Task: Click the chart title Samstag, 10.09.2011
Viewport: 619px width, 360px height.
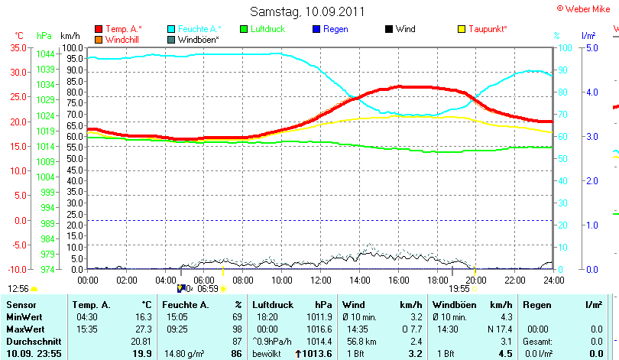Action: (308, 11)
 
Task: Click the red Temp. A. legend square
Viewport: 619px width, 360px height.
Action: (98, 29)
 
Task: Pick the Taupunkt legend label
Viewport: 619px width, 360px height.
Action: (488, 29)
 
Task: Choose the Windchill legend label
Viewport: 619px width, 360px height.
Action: (122, 39)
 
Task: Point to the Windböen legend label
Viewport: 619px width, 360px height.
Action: (199, 39)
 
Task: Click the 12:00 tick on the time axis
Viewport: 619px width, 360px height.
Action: (320, 280)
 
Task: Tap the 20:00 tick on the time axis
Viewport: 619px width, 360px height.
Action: (475, 280)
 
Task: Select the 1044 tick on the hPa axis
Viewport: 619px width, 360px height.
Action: (44, 54)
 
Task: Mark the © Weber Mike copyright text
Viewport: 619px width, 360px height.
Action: (586, 8)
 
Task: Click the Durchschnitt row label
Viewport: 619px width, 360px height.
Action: (32, 341)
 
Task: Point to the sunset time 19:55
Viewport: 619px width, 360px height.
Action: (459, 289)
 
